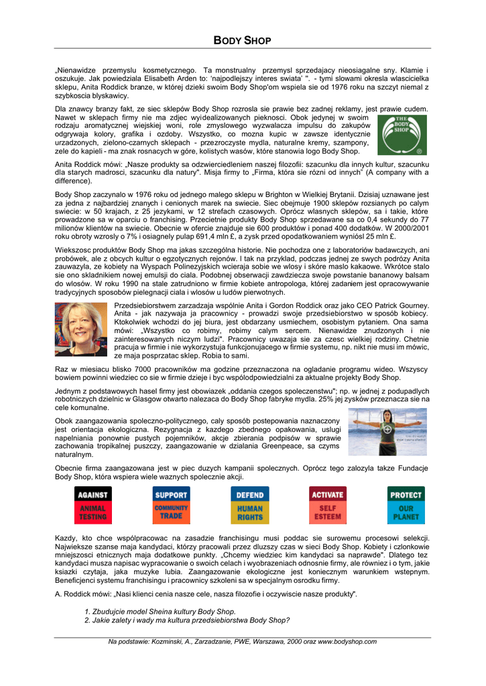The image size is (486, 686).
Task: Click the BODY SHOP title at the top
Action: tap(242, 41)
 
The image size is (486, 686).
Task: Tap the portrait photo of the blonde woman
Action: tap(80, 329)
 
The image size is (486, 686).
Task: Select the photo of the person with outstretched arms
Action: tap(387, 431)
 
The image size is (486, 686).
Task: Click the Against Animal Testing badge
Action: tap(93, 505)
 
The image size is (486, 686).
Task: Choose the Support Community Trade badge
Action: tap(171, 505)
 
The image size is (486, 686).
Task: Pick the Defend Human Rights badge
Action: tap(249, 505)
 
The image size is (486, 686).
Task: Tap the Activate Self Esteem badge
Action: tap(327, 505)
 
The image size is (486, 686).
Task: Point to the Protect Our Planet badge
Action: tap(406, 505)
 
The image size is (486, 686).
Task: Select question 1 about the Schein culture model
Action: tap(160, 611)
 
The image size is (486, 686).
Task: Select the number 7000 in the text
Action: tap(143, 368)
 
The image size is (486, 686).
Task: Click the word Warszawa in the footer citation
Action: tap(252, 642)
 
